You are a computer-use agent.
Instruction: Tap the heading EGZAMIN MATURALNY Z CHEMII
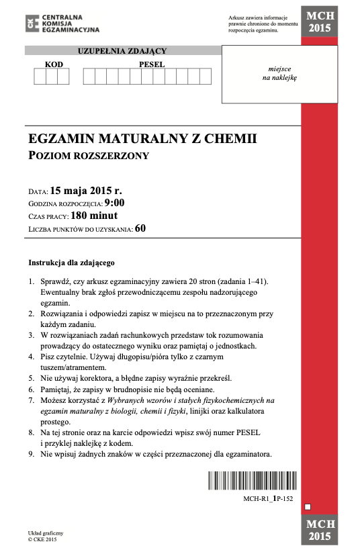pos(143,140)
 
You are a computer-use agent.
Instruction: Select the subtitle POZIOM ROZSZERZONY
pos(88,156)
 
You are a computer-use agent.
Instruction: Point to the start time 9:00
pos(114,203)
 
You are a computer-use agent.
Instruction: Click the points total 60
pos(140,228)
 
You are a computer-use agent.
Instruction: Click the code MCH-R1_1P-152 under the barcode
pos(268,500)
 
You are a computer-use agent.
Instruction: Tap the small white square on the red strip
pos(307,506)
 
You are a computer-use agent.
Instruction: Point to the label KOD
pos(54,64)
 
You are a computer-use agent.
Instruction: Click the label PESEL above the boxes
pos(151,64)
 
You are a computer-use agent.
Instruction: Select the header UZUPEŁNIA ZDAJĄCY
pos(122,50)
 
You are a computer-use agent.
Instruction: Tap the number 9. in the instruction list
pos(32,454)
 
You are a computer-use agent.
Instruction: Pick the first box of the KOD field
pos(40,77)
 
